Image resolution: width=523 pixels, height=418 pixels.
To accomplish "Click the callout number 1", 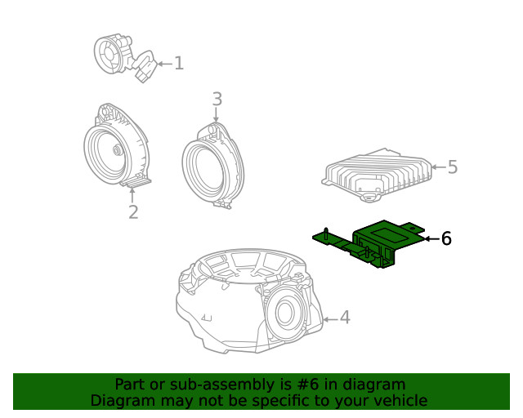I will tap(178, 63).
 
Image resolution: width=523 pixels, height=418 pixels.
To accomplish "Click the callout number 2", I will tap(132, 212).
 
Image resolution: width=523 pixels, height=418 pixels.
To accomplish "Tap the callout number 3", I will tap(217, 100).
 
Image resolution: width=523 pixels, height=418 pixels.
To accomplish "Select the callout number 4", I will tap(345, 317).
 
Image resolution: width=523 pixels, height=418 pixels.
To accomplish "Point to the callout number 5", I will tap(452, 167).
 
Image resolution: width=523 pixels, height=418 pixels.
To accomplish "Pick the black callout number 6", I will tap(446, 238).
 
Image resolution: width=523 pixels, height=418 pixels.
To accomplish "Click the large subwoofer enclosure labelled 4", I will tap(245, 302).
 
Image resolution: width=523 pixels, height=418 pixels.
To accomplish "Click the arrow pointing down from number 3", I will tap(217, 116).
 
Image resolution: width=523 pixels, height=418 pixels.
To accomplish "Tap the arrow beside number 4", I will tap(329, 317).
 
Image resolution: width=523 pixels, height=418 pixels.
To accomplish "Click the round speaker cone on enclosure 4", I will tap(287, 312).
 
